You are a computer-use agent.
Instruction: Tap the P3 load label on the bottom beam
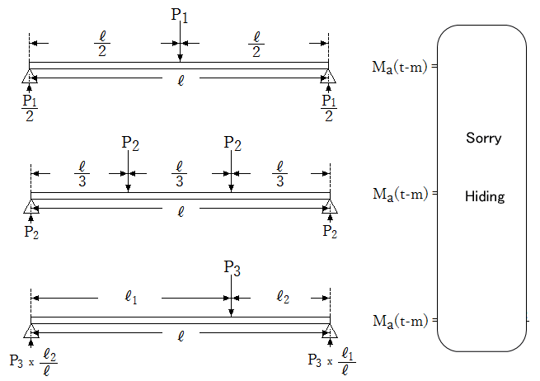coord(232,268)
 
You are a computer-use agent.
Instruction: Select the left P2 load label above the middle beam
coord(130,143)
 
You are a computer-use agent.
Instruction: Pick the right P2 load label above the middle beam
coord(232,143)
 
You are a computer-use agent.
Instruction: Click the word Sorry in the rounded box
coord(483,139)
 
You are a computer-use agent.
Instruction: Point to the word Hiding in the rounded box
coord(485,196)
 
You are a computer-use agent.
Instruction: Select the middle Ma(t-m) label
coord(400,195)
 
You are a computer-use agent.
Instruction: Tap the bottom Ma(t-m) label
coord(400,320)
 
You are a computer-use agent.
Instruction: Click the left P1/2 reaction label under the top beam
coord(30,107)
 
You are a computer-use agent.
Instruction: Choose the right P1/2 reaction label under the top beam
coord(329,107)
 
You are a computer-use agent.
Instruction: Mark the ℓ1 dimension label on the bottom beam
coord(130,297)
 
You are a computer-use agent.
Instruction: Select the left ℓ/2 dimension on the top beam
coord(102,45)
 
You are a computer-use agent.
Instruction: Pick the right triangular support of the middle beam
coord(330,206)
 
